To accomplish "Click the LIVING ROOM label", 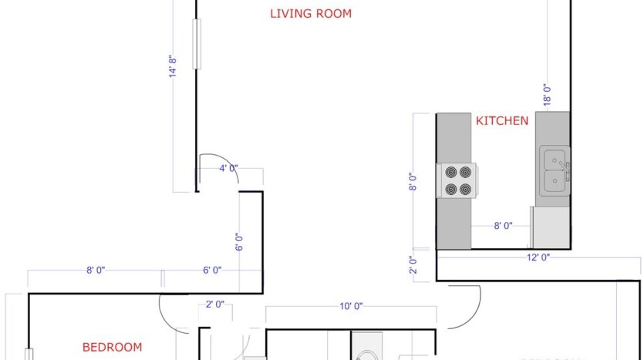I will [x=311, y=13].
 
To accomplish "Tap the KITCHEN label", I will [x=501, y=120].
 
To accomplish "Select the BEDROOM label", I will [x=113, y=346].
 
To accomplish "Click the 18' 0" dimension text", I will [x=546, y=94].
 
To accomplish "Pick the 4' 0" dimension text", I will [x=228, y=168].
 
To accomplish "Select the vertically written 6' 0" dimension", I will [x=240, y=243].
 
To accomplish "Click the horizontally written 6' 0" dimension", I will [x=212, y=270].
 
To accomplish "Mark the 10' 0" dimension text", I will [x=350, y=306].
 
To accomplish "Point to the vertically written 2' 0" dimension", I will [x=415, y=264].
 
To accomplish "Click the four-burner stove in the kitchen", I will [x=456, y=180].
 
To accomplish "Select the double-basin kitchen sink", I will [x=555, y=170].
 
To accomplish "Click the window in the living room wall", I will [x=196, y=45].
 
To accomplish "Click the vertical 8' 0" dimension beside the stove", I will [x=413, y=181].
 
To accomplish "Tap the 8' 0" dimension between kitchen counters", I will [x=503, y=226].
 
